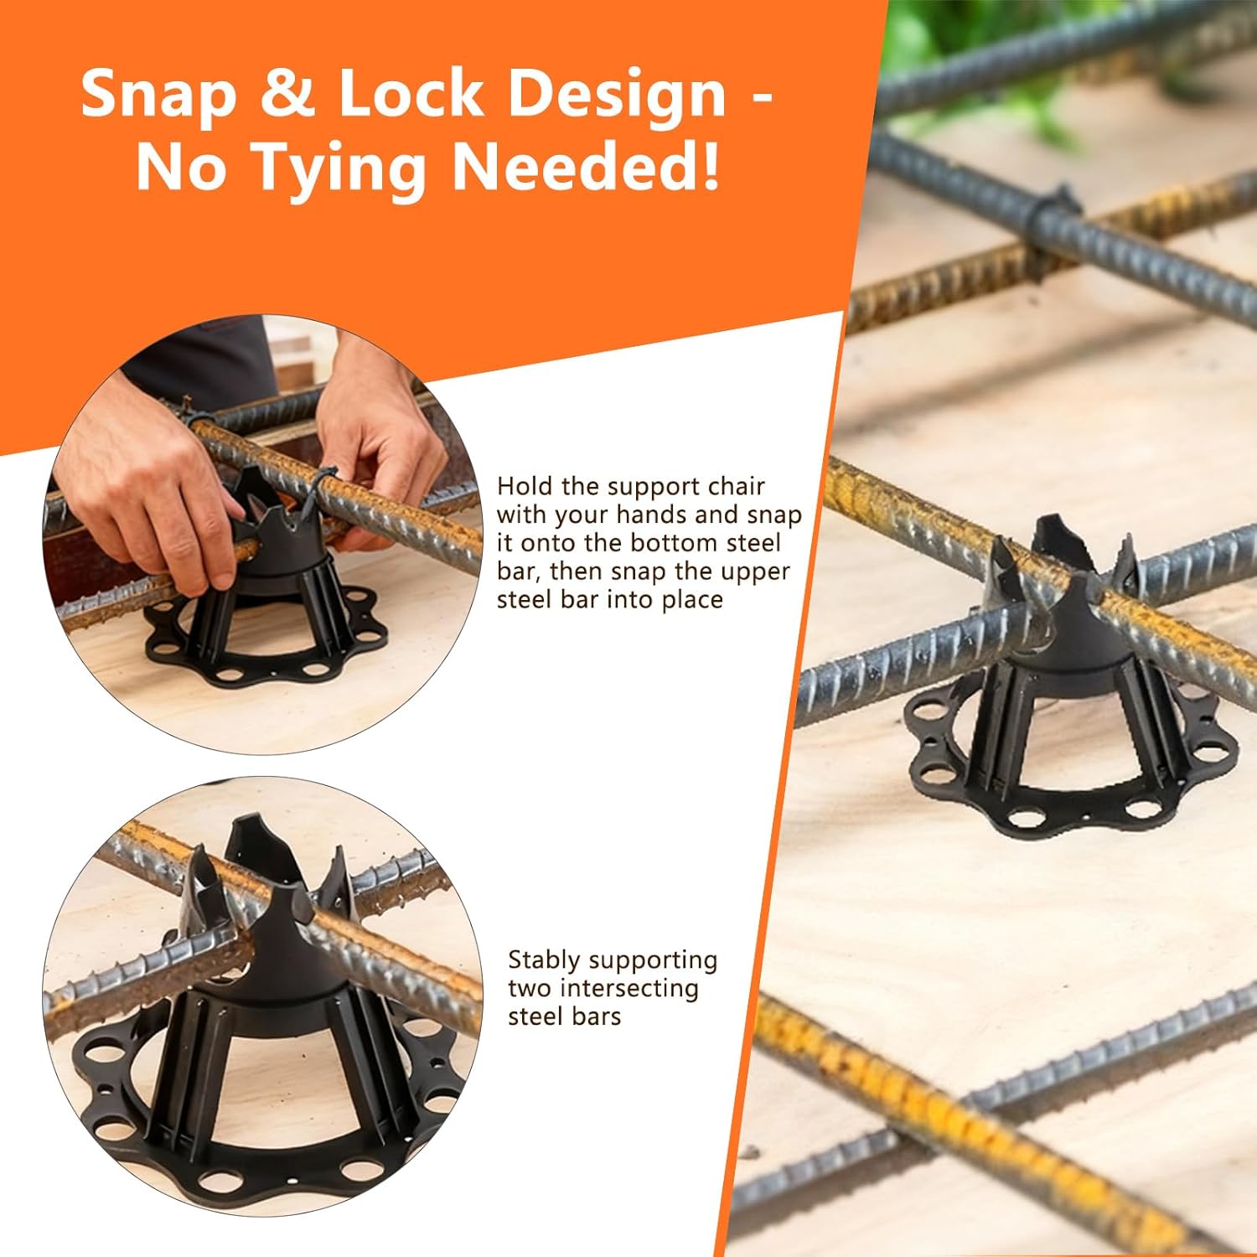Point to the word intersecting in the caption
[x=628, y=989]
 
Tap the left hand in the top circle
[x=142, y=494]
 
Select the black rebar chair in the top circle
[x=268, y=603]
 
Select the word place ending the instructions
[x=691, y=600]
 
